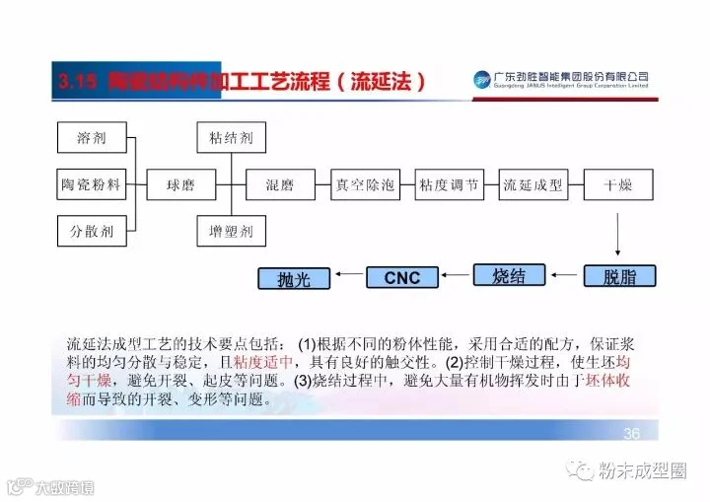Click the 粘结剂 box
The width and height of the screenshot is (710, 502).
[x=225, y=137]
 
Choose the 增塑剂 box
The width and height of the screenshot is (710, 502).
[x=225, y=232]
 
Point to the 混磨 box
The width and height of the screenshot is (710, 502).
[x=279, y=183]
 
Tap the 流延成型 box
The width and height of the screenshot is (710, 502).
[x=532, y=183]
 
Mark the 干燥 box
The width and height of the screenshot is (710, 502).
[x=617, y=183]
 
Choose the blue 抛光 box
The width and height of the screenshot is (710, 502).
[x=293, y=279]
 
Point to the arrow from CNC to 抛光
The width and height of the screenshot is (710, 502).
[x=347, y=278]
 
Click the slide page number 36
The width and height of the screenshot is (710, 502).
[x=632, y=434]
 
